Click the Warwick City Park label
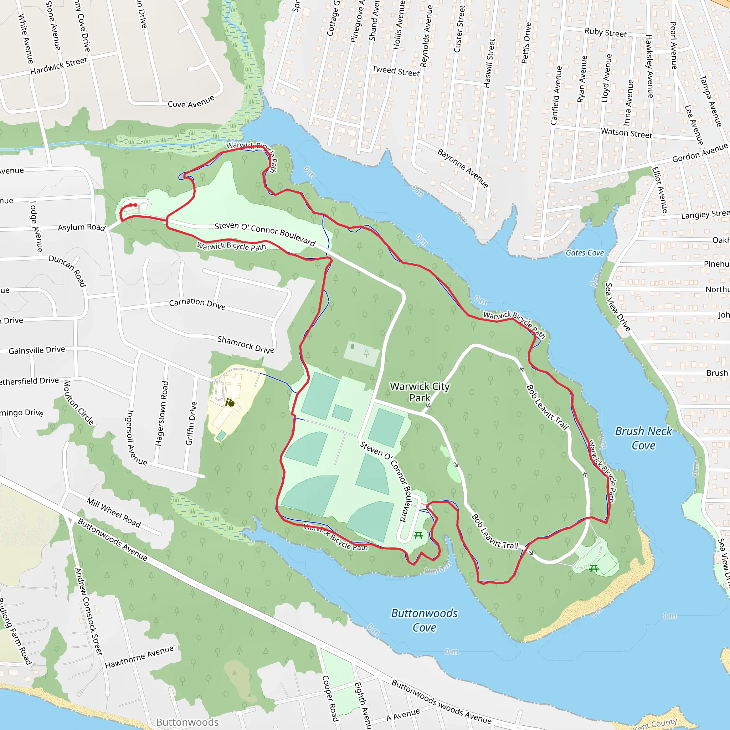(420, 392)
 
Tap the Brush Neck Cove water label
(643, 438)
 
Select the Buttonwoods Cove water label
(424, 620)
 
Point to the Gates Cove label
(584, 253)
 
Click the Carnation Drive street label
(197, 304)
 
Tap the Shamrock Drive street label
(246, 345)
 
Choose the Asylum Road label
(81, 227)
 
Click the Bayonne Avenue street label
(463, 168)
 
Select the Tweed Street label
(396, 71)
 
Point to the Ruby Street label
(605, 32)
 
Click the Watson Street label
(626, 133)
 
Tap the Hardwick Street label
(58, 66)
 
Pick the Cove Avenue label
(191, 102)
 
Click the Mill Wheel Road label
(114, 512)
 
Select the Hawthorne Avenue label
(139, 657)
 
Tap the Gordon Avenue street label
(699, 153)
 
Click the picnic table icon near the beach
(593, 568)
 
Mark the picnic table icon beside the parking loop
(418, 535)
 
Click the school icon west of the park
(229, 402)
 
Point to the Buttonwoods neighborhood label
(187, 722)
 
